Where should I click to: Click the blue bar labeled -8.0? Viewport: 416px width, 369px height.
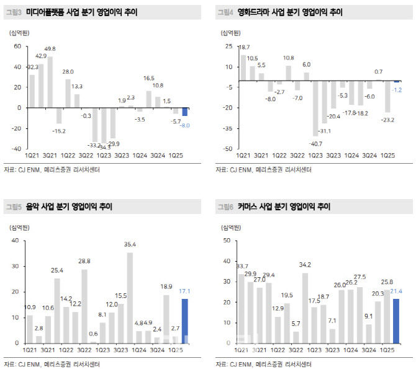click(184, 112)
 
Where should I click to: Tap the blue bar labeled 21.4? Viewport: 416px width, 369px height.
click(396, 321)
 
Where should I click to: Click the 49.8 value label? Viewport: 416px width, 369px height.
click(50, 48)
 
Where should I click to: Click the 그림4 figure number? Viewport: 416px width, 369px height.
click(224, 12)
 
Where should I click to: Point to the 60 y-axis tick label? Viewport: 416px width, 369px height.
click(17, 46)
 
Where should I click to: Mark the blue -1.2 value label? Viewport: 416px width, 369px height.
click(398, 89)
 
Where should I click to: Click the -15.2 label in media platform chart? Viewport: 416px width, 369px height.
click(58, 131)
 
